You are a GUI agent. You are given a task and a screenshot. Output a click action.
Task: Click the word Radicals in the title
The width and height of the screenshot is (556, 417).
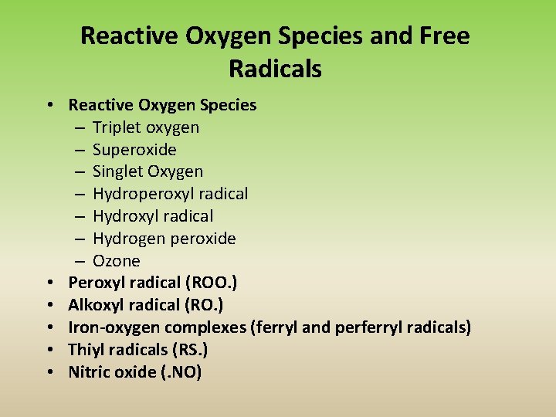pos(275,69)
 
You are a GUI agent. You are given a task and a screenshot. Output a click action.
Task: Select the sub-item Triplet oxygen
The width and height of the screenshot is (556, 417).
pos(146,127)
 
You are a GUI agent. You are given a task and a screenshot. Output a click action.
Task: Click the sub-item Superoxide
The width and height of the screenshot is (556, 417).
pos(134,150)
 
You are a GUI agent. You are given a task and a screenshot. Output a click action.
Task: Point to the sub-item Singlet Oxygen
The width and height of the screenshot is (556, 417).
pos(147,171)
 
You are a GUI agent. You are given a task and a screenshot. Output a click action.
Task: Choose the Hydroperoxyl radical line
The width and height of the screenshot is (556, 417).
pos(170,194)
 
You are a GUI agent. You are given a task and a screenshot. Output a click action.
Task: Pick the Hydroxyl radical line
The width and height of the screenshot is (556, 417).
pos(153,216)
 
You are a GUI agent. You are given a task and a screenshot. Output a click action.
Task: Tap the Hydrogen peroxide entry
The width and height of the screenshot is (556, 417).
pos(164,239)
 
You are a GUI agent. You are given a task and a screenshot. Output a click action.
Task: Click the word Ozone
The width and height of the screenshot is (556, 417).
pos(117,261)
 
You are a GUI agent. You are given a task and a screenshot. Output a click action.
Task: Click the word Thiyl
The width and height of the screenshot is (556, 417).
pos(85,350)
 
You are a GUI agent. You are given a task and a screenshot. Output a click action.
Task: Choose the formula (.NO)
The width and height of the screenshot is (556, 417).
pos(178,372)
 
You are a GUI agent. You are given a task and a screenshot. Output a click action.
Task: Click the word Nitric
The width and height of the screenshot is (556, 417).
pos(87,372)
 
